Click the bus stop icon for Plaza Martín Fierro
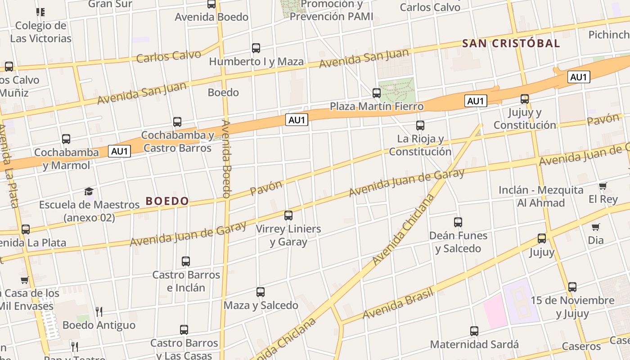(377, 93)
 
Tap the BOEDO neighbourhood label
(167, 201)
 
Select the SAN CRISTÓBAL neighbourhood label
(511, 44)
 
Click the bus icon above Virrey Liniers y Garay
(288, 216)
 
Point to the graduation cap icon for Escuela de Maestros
(89, 192)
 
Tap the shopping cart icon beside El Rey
(603, 186)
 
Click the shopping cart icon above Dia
(596, 227)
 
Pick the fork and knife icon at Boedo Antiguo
(99, 311)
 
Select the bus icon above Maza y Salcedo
(261, 292)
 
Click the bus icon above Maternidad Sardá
(474, 331)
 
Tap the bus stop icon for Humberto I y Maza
(256, 48)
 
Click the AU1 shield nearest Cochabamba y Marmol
(120, 151)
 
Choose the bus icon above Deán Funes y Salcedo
(458, 222)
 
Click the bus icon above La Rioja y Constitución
(420, 126)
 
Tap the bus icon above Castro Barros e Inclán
(186, 261)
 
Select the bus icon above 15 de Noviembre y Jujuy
(572, 287)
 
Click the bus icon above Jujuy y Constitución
(525, 99)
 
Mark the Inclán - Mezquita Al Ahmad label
(540, 196)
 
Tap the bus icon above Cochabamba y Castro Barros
(177, 122)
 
